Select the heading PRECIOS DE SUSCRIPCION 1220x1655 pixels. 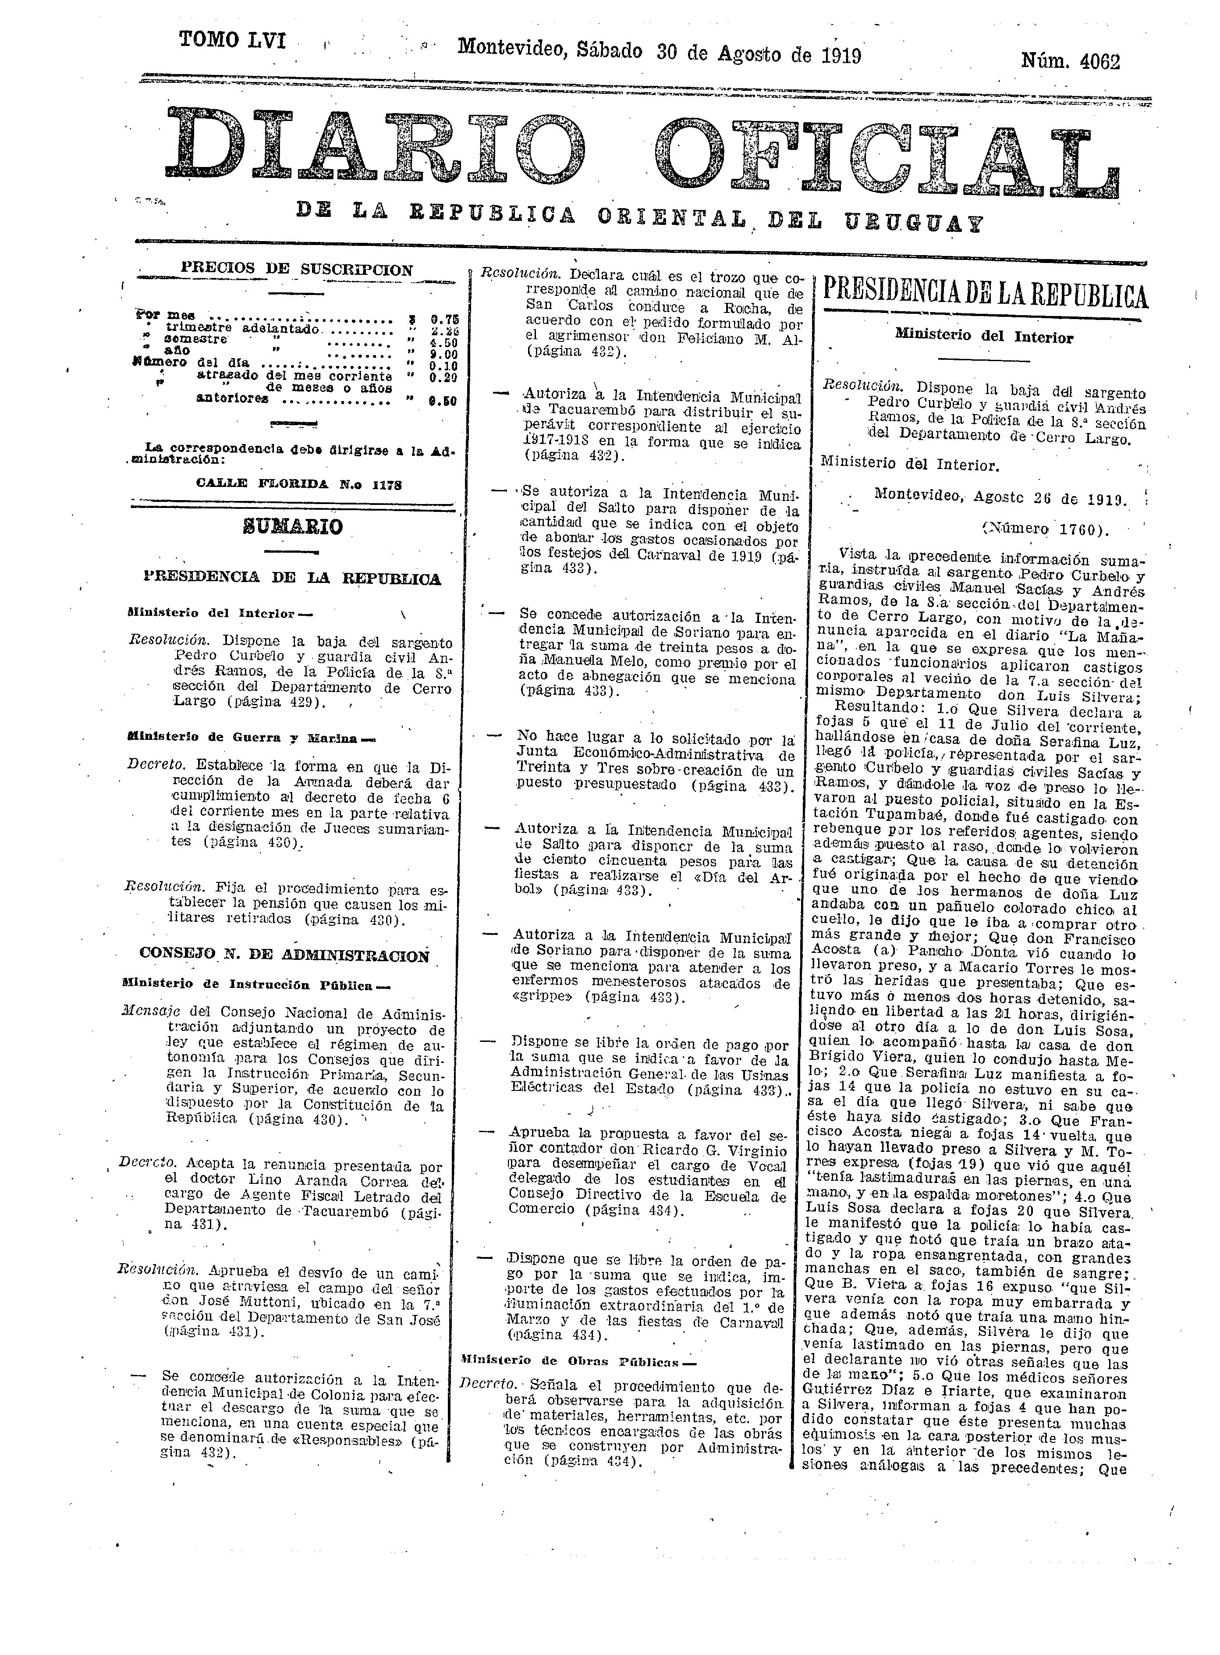click(296, 270)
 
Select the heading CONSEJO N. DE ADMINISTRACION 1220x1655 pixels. click(284, 955)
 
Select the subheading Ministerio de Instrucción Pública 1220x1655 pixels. click(259, 984)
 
